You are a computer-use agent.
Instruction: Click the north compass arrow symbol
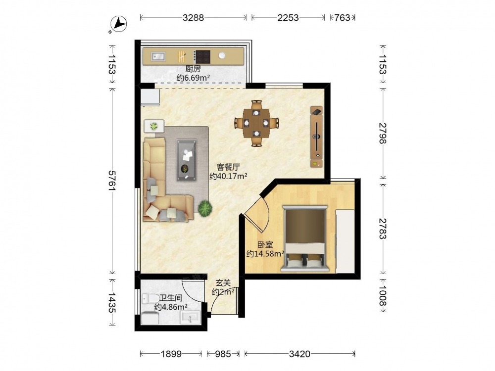pos(119,24)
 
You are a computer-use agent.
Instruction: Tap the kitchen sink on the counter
pos(158,56)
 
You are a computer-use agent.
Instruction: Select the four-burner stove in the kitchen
pos(202,57)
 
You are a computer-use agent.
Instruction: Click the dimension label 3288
pos(193,18)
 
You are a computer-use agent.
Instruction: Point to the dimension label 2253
pos(288,18)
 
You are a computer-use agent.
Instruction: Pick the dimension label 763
pos(342,18)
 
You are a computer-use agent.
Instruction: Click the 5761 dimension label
pos(112,181)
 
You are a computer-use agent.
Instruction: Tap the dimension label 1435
pos(112,303)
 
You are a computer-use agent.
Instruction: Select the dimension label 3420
pos(299,354)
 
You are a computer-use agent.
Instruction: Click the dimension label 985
pos(223,354)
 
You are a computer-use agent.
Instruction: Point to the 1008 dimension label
pos(383,296)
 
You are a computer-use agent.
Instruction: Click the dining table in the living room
pos(256,123)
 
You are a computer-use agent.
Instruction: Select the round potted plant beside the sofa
pos(205,208)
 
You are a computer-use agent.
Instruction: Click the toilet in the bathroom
pos(150,298)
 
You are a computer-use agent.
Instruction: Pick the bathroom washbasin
pos(190,318)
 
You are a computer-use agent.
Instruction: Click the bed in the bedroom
pos(304,238)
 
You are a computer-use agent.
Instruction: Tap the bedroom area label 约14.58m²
pos(265,253)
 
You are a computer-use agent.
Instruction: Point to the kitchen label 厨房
pos(193,69)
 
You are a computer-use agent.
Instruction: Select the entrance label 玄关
pos(223,283)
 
